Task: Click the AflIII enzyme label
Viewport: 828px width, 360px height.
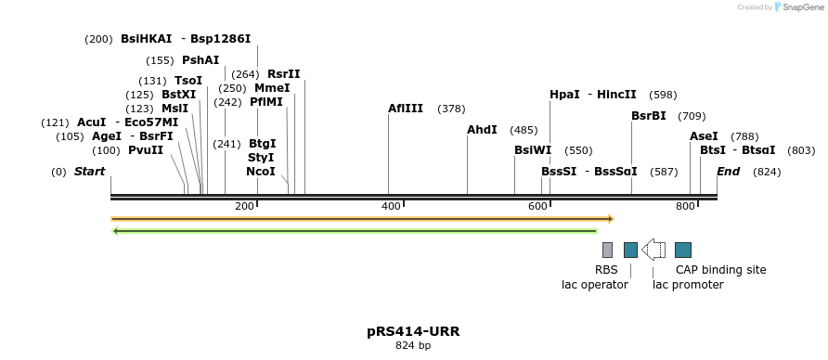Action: [406, 109]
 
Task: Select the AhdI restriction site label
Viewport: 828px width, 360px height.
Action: [482, 130]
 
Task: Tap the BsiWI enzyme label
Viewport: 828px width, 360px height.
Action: [533, 150]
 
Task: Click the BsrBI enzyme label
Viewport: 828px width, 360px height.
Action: [648, 116]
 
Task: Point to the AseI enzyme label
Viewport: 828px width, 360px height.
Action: [704, 136]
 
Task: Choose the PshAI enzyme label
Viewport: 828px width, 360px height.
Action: [201, 60]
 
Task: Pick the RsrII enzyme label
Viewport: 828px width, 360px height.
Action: [284, 74]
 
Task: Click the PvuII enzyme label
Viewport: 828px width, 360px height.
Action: [146, 150]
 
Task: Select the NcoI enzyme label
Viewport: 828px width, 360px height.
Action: [261, 172]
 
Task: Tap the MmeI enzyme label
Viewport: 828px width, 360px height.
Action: [272, 88]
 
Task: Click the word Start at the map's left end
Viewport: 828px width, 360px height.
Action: [89, 172]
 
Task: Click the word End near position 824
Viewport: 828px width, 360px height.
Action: [728, 172]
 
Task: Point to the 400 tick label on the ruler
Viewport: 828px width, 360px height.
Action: [391, 206]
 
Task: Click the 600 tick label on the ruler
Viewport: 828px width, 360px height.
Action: [538, 206]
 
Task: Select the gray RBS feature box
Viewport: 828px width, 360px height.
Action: [607, 250]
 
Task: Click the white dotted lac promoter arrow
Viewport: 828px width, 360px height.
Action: [653, 250]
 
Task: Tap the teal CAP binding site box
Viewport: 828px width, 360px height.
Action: [683, 250]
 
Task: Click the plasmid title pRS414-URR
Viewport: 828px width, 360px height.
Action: [413, 331]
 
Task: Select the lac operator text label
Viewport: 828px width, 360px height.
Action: [595, 285]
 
